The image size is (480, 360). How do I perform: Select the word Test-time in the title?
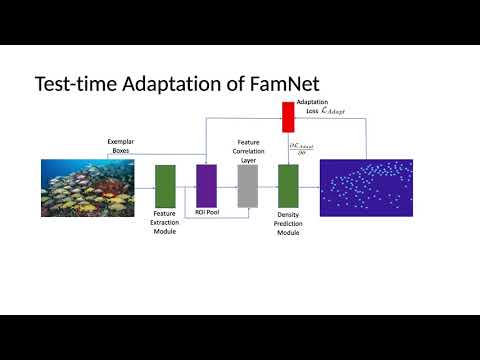coord(75,83)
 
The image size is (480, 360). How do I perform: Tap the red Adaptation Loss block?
coord(288,117)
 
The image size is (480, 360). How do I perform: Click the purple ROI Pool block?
coord(206,185)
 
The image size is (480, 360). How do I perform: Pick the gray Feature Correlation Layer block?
coord(248,185)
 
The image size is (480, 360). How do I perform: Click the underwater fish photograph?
coord(87,187)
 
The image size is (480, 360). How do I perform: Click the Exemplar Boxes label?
coord(121,146)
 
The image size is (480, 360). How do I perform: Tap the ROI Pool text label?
coord(207,213)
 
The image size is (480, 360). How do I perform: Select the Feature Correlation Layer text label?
coord(248,150)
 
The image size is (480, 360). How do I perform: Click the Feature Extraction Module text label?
coord(165,222)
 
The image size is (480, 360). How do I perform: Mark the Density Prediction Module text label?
coord(288,222)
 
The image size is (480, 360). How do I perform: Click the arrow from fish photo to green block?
coord(145,187)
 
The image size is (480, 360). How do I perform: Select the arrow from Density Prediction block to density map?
coord(309,187)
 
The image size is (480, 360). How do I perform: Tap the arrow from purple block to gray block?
coord(227,187)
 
